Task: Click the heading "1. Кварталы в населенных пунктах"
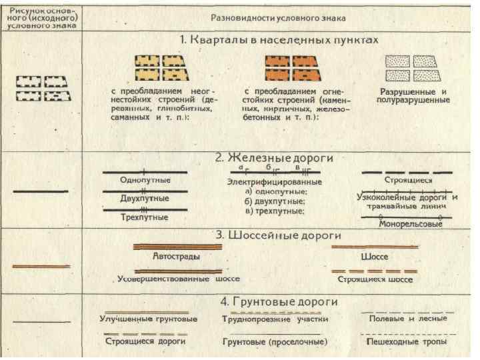coord(279,40)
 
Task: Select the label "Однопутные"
coord(145,180)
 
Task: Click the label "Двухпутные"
coord(145,198)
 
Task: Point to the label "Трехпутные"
coord(145,217)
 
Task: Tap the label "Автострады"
coord(177,256)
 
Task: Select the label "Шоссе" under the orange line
coord(374,256)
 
